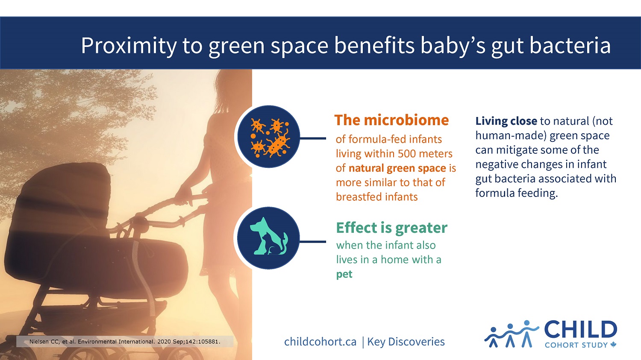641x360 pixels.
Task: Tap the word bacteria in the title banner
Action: pos(570,45)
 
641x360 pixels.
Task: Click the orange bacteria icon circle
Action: pos(268,137)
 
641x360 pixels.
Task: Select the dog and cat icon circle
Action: pos(268,238)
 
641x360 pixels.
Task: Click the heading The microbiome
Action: pos(391,120)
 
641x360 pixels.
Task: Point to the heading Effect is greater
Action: pos(391,228)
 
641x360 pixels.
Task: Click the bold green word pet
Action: pos(344,275)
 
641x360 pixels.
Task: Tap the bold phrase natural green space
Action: pos(397,168)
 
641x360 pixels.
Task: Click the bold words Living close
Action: pos(506,121)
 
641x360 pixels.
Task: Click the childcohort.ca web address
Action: pos(320,342)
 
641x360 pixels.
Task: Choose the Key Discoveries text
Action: pos(406,342)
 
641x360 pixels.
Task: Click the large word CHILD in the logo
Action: pos(581,329)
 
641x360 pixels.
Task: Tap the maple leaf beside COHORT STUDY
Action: pos(613,345)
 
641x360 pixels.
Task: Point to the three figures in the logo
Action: pos(512,334)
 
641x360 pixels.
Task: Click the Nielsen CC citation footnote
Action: pos(125,342)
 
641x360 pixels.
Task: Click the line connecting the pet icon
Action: pos(313,242)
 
